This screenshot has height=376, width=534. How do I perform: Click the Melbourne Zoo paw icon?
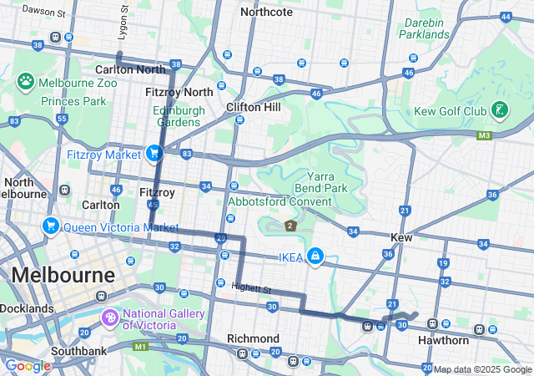point(26,81)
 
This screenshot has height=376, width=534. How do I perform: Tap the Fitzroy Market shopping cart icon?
point(154,153)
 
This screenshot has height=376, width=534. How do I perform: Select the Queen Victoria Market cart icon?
point(50,226)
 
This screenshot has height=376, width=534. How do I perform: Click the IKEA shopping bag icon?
point(315,255)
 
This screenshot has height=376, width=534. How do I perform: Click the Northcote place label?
point(266,12)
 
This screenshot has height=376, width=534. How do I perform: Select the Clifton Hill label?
point(252,107)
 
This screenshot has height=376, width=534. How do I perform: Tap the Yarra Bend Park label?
point(326,182)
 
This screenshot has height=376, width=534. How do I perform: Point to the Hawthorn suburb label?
point(444,340)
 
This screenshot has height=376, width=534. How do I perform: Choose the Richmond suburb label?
point(254,338)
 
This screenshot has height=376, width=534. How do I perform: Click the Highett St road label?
point(252,289)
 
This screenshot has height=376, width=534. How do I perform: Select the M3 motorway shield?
point(485,135)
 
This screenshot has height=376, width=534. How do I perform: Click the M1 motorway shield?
point(141,346)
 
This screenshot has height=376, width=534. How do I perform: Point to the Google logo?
point(28,366)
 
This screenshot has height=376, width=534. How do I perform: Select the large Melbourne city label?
point(63,275)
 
